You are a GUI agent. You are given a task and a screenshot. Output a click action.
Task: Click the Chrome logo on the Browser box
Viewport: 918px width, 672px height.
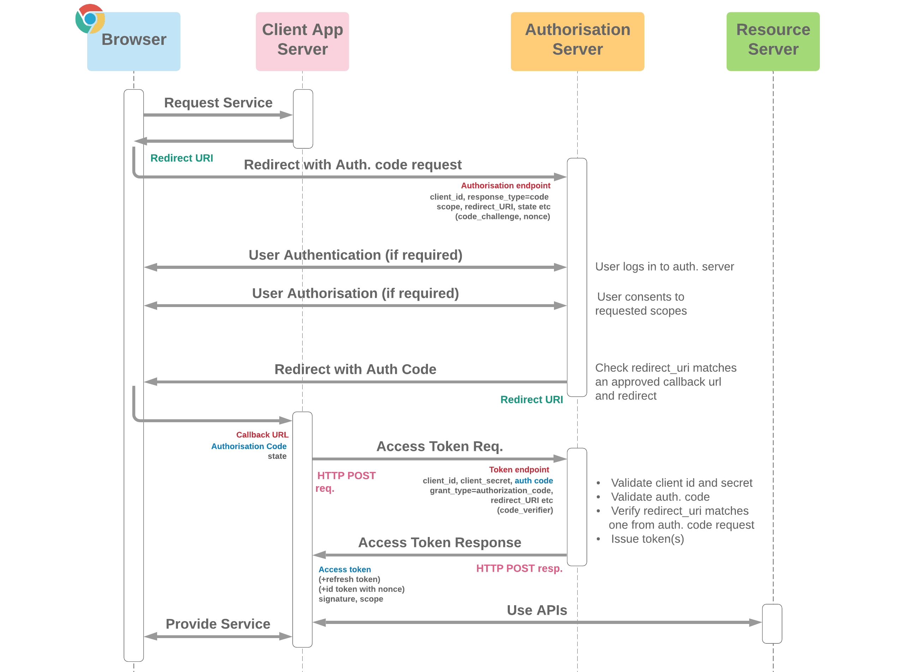(x=90, y=19)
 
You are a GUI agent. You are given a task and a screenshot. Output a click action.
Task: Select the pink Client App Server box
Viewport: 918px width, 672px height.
(x=302, y=41)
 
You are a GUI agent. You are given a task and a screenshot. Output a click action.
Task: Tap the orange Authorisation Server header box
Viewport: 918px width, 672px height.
(x=577, y=41)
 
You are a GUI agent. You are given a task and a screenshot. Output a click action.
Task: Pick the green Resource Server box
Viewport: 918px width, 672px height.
(x=773, y=41)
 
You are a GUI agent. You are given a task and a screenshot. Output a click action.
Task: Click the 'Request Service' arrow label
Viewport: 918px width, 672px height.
(x=218, y=103)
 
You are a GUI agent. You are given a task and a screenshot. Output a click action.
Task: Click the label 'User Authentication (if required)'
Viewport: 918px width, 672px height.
(x=355, y=255)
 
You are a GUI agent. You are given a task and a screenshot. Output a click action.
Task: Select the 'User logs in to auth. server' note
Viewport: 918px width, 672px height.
(x=664, y=266)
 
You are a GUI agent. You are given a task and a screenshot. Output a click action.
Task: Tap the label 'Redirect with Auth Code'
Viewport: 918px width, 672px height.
(x=355, y=369)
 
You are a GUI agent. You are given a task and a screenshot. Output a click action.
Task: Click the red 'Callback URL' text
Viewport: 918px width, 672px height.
(x=262, y=435)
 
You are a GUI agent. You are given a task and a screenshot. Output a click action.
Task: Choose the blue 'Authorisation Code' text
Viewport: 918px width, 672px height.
(x=249, y=446)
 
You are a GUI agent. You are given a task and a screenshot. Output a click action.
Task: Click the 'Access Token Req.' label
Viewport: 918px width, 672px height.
(x=439, y=446)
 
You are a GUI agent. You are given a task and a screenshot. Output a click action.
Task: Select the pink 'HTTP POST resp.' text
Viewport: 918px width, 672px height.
(x=519, y=568)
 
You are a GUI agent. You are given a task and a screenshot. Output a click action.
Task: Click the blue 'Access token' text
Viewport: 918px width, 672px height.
(x=344, y=570)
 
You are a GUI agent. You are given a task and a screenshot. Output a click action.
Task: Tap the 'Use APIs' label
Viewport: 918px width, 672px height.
(x=536, y=610)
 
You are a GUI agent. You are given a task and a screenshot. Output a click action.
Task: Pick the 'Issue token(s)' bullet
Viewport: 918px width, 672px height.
(x=647, y=539)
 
